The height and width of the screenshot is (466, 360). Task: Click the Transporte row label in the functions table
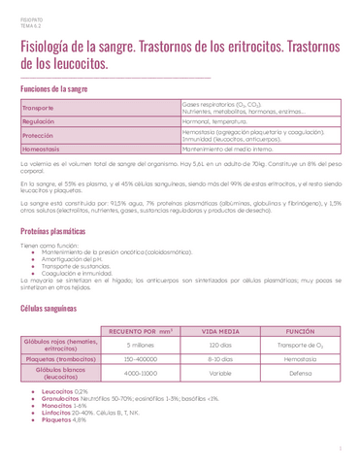(40, 107)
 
